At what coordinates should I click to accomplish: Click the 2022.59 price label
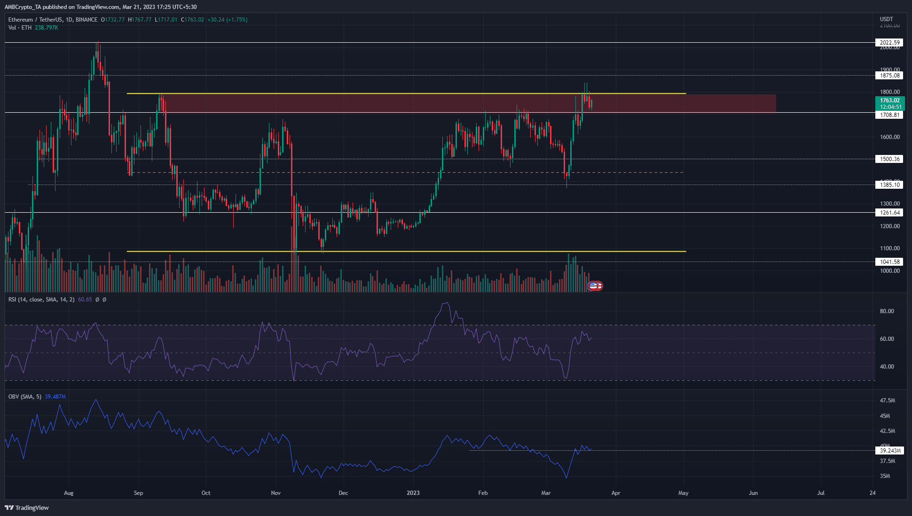coord(889,43)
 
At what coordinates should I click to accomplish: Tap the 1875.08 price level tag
coord(889,76)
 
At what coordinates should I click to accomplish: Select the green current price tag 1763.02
coord(889,100)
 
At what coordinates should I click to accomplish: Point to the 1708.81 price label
coord(889,115)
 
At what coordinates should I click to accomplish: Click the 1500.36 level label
coord(889,159)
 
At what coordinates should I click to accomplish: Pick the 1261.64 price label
coord(889,213)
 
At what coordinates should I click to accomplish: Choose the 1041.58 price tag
coord(889,262)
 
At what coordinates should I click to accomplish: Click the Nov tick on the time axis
coord(276,493)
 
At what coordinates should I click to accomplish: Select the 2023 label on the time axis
coord(413,493)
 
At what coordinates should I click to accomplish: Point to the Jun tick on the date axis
coord(753,493)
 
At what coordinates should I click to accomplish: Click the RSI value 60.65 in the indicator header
coord(85,300)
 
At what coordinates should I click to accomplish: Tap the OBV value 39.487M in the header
coord(55,397)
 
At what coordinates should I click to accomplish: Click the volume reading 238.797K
coord(47,28)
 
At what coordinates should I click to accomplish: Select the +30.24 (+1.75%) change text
coord(228,20)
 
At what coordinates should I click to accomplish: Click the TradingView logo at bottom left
coord(27,508)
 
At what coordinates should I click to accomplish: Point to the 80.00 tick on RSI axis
coord(887,311)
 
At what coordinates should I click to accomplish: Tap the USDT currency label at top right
coord(886,19)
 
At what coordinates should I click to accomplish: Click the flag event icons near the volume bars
coord(596,285)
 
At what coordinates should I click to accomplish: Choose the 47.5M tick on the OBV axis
coord(887,400)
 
